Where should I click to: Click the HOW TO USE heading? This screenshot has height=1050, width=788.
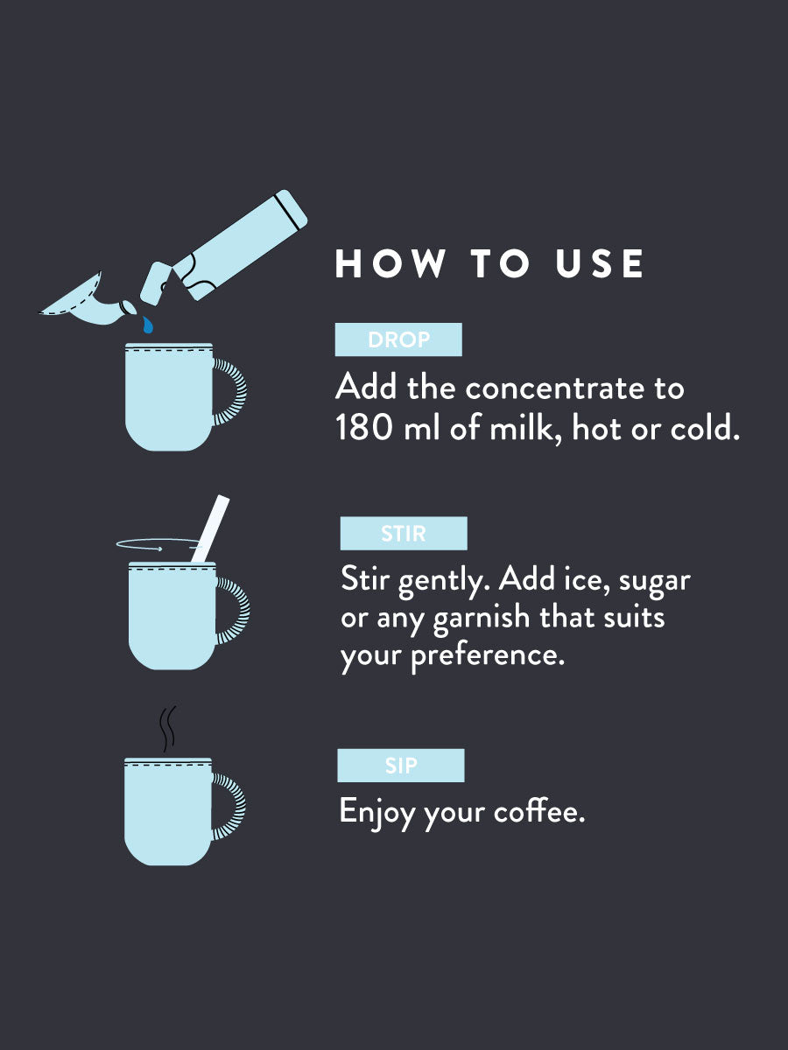(490, 264)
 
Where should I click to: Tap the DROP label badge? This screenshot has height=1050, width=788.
(398, 339)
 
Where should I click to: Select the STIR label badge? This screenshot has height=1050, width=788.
(404, 534)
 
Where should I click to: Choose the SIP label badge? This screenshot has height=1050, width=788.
(401, 766)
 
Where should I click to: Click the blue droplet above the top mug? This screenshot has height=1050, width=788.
(148, 325)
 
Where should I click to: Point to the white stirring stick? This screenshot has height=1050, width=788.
(210, 528)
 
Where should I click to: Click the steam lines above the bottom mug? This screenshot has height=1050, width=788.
(166, 730)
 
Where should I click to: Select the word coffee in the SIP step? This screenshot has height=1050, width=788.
(538, 812)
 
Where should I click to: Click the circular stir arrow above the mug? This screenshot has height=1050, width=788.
(153, 546)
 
